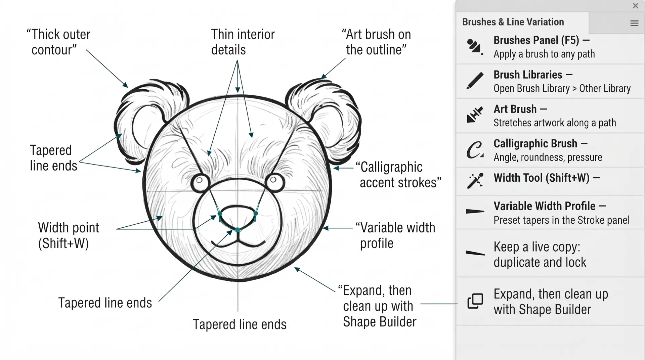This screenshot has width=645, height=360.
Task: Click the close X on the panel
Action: pos(635,6)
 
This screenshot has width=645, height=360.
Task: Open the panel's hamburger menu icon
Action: pos(634,23)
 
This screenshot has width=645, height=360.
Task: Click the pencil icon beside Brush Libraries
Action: pos(475,81)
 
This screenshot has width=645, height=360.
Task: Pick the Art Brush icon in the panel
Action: pos(475,115)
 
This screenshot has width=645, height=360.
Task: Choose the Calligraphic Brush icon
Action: pos(475,150)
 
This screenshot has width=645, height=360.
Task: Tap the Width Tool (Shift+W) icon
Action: pos(475,181)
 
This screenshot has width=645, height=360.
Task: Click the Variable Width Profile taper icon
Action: pos(475,211)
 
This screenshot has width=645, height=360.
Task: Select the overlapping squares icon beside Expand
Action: pos(475,301)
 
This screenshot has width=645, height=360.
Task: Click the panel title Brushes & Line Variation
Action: pos(513,22)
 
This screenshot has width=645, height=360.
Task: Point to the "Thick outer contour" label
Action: pos(58,42)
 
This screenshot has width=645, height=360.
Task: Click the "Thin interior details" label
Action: pos(243,42)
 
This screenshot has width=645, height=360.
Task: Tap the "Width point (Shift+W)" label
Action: pos(68,235)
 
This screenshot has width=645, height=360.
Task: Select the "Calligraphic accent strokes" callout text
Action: pos(398,175)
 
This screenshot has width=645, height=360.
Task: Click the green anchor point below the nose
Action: pos(238,230)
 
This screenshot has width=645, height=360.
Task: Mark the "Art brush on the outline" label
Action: pos(376,42)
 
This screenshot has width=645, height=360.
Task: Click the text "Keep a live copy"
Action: pos(537,247)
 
